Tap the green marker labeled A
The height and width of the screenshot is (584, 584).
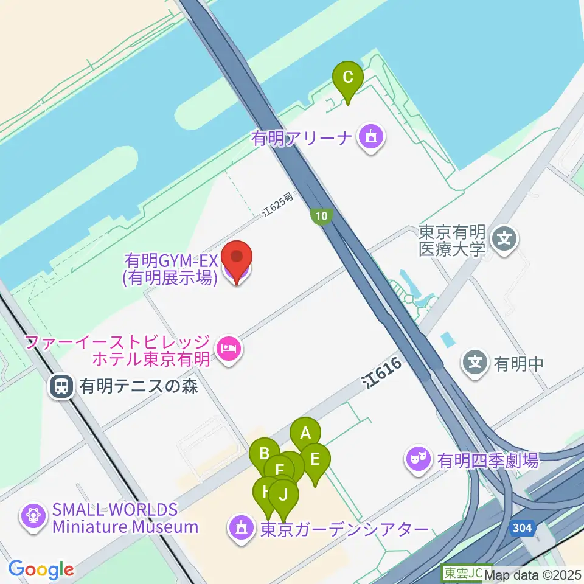pos(305,434)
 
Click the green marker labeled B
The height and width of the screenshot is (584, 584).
pos(265,453)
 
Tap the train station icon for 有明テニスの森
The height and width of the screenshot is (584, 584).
pos(62,386)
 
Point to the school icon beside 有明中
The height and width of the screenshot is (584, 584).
pos(475,364)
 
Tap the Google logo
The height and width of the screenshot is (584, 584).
pos(41,570)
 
